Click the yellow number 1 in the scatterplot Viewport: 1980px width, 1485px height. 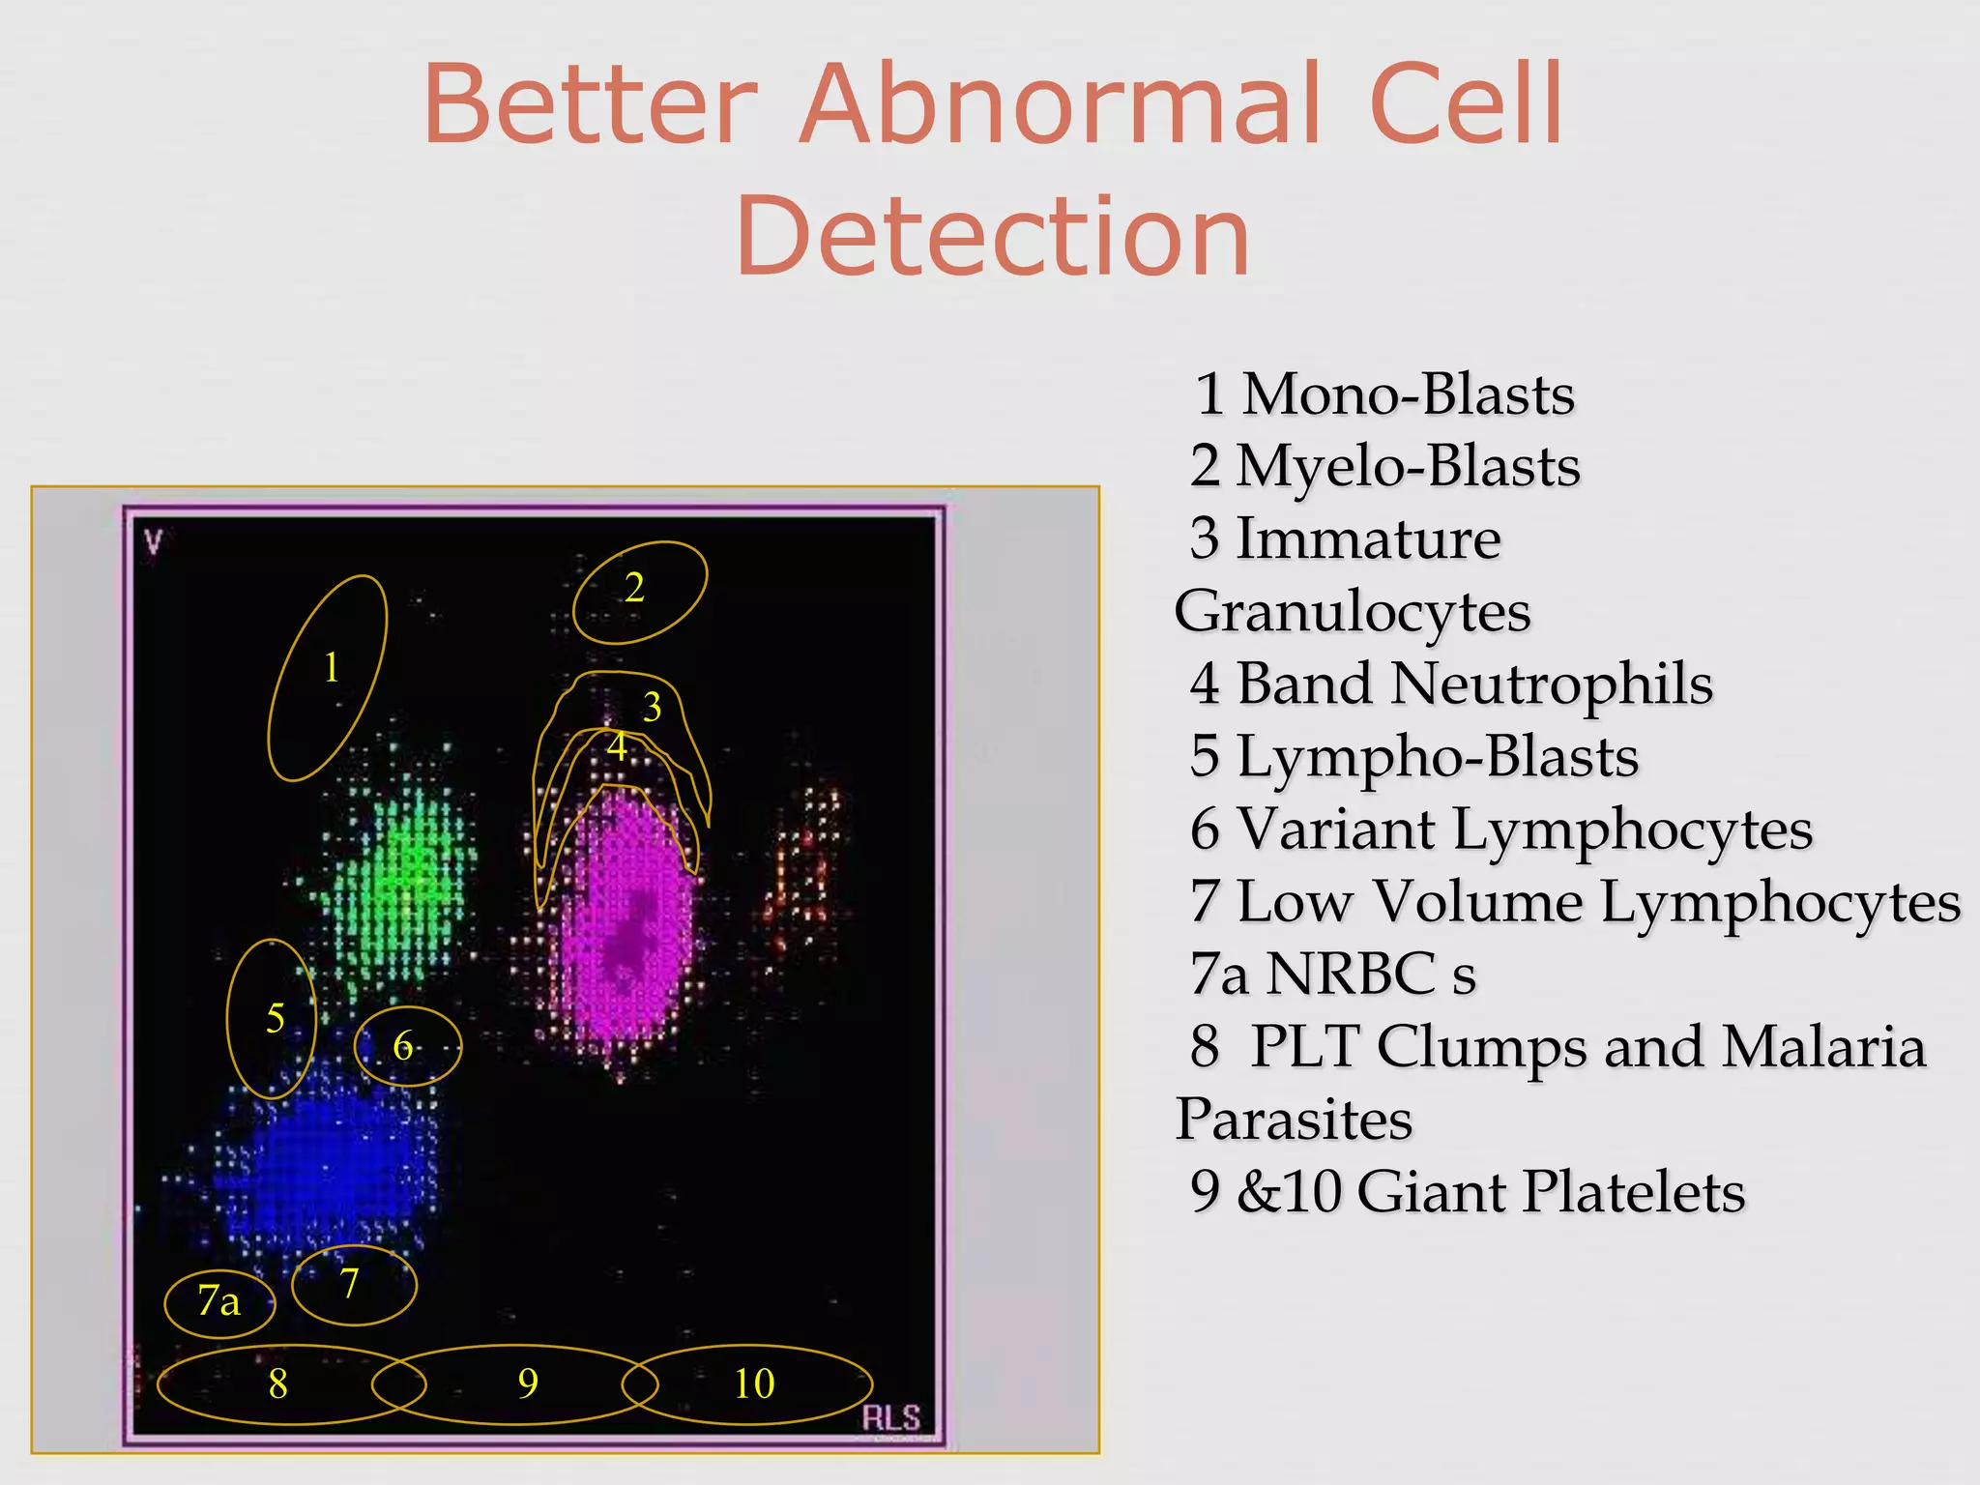click(332, 668)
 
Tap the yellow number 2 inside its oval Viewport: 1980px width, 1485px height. click(634, 588)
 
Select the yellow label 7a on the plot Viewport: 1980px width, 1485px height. click(218, 1301)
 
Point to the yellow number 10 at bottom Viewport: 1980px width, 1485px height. click(754, 1383)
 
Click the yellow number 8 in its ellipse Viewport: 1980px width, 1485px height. click(277, 1384)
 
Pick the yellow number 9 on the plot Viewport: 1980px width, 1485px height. click(528, 1383)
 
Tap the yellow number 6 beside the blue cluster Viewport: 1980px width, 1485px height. click(403, 1046)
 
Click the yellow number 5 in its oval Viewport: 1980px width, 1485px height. click(276, 1018)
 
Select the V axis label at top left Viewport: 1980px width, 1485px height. click(153, 542)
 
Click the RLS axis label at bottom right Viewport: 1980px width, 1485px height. click(890, 1418)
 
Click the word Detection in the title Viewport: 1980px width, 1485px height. click(992, 237)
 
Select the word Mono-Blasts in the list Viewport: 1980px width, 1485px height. click(1408, 394)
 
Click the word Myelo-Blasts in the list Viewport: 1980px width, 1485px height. click(1408, 467)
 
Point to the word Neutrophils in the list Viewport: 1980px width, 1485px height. click(1551, 684)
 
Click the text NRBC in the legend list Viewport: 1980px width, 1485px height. click(1351, 974)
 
